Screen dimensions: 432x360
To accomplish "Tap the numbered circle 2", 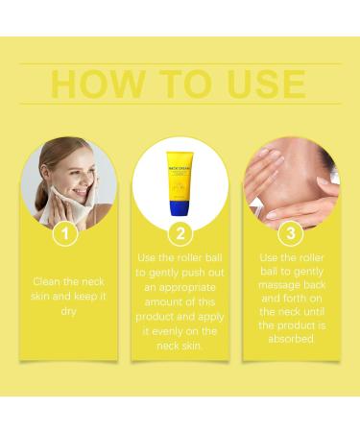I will [180, 233].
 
